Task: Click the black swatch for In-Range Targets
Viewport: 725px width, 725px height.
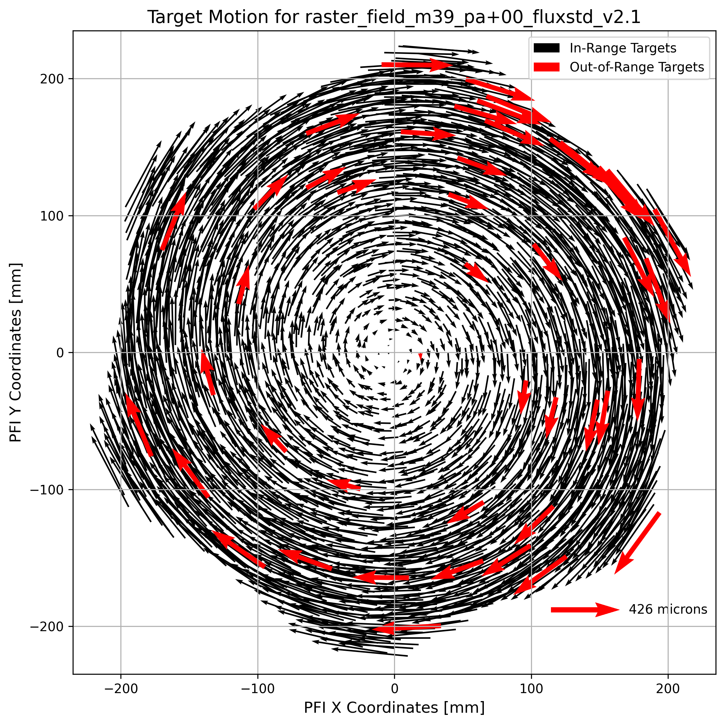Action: click(x=546, y=48)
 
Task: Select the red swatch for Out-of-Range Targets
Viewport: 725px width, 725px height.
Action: click(x=546, y=67)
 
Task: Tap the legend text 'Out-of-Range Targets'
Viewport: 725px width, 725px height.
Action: click(x=636, y=67)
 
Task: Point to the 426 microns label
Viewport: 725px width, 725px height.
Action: click(x=668, y=609)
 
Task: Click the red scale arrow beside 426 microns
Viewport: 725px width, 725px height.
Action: click(x=585, y=610)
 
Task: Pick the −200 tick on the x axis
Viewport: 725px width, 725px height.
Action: click(x=120, y=689)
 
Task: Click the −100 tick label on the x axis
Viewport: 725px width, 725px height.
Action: click(x=257, y=689)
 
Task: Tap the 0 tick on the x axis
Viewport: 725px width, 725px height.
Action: click(x=394, y=689)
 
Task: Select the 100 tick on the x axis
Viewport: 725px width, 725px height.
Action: click(x=531, y=689)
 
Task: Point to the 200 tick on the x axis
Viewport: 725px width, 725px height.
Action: click(x=668, y=689)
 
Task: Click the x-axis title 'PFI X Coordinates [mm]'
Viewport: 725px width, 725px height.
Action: click(x=394, y=708)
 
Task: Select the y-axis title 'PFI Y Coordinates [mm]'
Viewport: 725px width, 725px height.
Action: click(x=15, y=352)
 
